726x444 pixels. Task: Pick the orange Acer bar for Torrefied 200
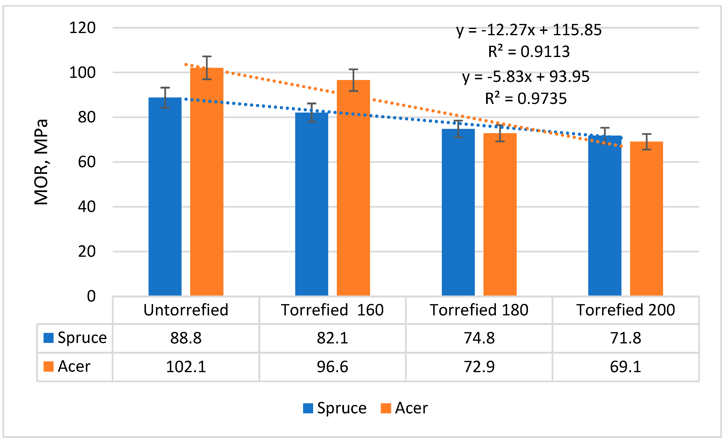646,218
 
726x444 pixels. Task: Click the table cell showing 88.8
186,338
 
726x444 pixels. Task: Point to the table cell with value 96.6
332,367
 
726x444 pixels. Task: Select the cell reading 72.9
479,367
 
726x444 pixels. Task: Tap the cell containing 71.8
626,338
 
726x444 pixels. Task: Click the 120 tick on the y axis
82,28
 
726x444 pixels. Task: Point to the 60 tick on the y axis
87,162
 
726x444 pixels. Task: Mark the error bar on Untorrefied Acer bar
207,68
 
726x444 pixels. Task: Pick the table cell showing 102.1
186,367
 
